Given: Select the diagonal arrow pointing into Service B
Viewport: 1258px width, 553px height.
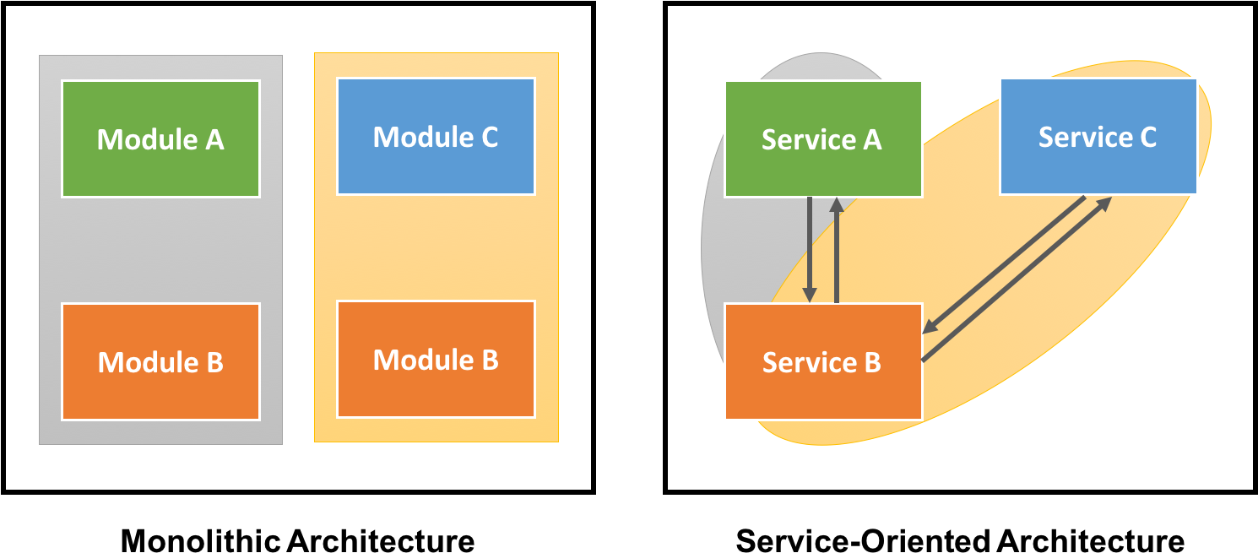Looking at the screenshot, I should (1005, 264).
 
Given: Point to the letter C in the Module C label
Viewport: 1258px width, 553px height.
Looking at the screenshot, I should (488, 137).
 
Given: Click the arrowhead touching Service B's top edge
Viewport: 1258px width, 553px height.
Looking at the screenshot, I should (810, 295).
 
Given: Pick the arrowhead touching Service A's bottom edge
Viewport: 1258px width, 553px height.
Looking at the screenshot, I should (836, 205).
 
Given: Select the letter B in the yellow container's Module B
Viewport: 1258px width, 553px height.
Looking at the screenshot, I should (489, 360).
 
